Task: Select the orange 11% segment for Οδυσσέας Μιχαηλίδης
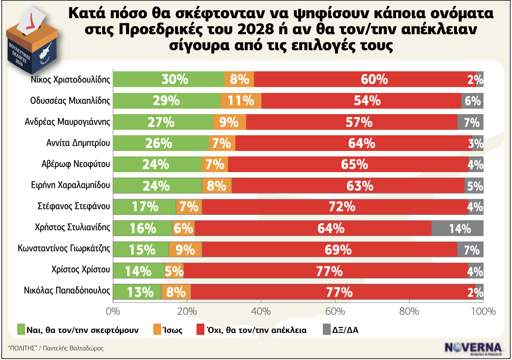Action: click(x=241, y=100)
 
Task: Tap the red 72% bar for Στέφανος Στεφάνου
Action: click(x=336, y=207)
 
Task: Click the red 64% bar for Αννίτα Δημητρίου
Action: click(x=353, y=143)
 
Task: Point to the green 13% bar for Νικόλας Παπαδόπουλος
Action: click(x=137, y=292)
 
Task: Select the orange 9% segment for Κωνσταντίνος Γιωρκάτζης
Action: click(x=185, y=249)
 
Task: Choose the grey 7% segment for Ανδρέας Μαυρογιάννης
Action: click(x=470, y=122)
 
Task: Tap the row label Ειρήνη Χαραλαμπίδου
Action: click(x=73, y=185)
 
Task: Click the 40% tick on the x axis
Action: click(x=261, y=311)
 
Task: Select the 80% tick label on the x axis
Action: click(x=409, y=311)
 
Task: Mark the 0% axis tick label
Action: click(x=113, y=311)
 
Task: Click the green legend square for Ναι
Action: click(x=21, y=330)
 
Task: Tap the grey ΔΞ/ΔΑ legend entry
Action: click(x=344, y=330)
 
